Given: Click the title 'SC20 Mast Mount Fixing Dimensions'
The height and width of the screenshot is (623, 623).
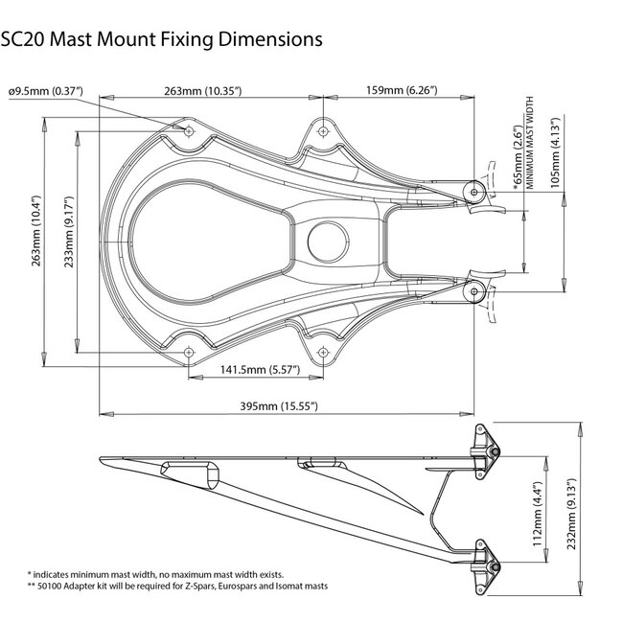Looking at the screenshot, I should pyautogui.click(x=161, y=40).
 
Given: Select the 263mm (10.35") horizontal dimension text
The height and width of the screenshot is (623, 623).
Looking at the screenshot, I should pyautogui.click(x=202, y=91).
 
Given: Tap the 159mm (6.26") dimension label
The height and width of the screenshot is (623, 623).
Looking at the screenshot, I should pyautogui.click(x=403, y=91).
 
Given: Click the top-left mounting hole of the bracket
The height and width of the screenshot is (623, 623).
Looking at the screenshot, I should pyautogui.click(x=188, y=129).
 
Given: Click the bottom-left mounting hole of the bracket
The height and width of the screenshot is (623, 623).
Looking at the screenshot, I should pyautogui.click(x=188, y=351).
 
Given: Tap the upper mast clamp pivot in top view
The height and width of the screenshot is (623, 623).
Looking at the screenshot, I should pyautogui.click(x=473, y=191).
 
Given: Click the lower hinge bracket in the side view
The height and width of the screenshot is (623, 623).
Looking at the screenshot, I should pyautogui.click(x=485, y=565).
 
